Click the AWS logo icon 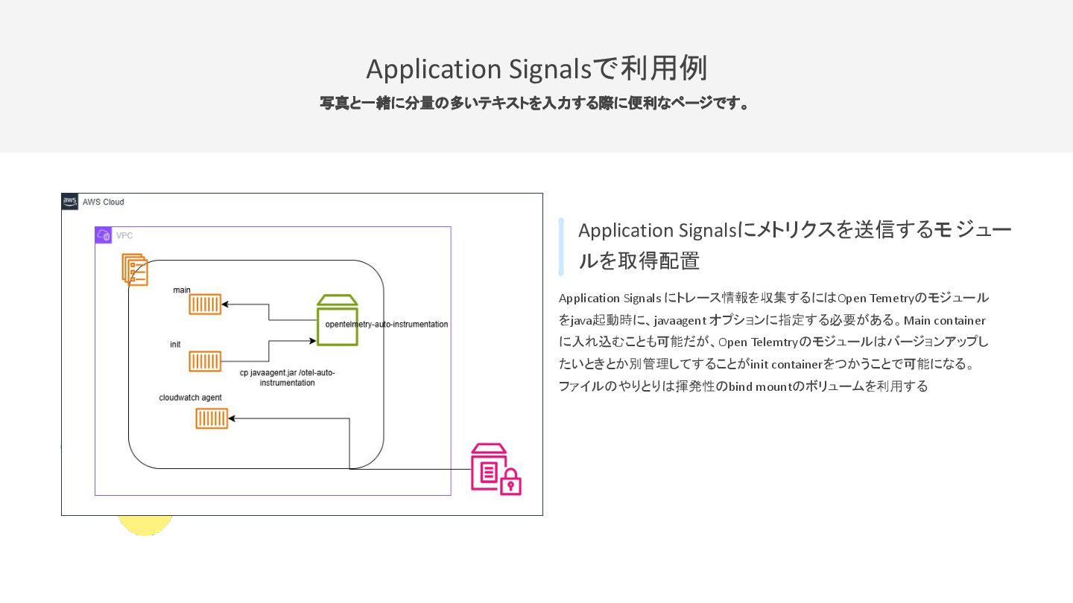click(70, 202)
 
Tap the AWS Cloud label click(104, 202)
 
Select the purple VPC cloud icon click(104, 236)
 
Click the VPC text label click(124, 236)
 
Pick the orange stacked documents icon click(135, 269)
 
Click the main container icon click(205, 304)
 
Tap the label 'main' click(182, 290)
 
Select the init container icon click(205, 362)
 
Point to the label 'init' click(175, 345)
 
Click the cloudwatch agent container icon click(212, 419)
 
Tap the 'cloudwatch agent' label click(190, 398)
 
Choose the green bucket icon click(338, 320)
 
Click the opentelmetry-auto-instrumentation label click(387, 325)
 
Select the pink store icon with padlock click(495, 470)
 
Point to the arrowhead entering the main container click(225, 304)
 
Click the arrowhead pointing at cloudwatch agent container click(232, 419)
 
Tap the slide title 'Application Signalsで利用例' click(536, 68)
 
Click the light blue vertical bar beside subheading click(561, 246)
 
